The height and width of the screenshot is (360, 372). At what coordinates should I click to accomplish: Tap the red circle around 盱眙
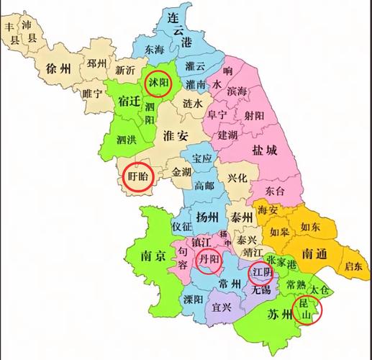(136, 176)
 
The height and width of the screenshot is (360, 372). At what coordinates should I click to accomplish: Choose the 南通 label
(317, 253)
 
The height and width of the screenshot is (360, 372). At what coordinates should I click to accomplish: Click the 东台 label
(274, 191)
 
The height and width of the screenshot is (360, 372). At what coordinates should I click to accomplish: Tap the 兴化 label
(237, 177)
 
